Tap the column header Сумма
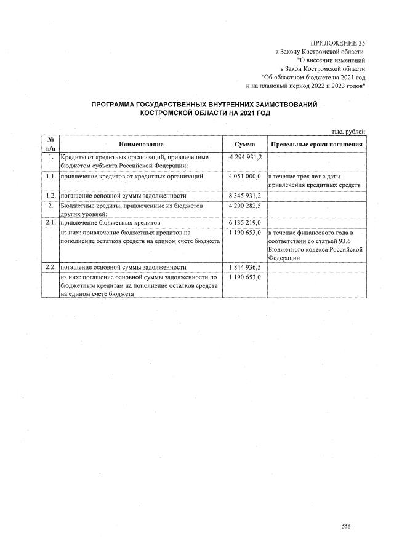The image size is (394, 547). (245, 143)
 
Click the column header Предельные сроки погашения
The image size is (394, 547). (316, 143)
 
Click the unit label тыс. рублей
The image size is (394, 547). (348, 131)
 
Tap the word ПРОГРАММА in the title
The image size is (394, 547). (116, 105)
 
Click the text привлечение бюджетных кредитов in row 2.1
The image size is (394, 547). (110, 223)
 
